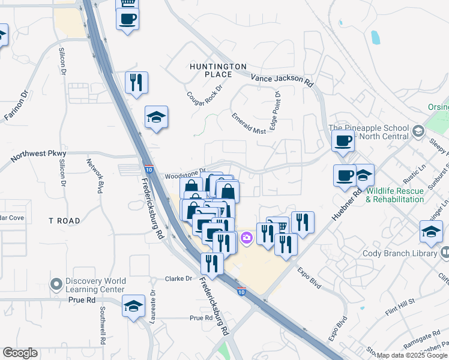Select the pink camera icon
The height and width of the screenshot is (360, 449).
246,239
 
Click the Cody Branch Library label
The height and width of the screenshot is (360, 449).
400,254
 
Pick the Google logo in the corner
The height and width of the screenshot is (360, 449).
20,353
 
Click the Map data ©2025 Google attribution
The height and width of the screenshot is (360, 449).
412,356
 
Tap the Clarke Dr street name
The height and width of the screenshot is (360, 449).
178,279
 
